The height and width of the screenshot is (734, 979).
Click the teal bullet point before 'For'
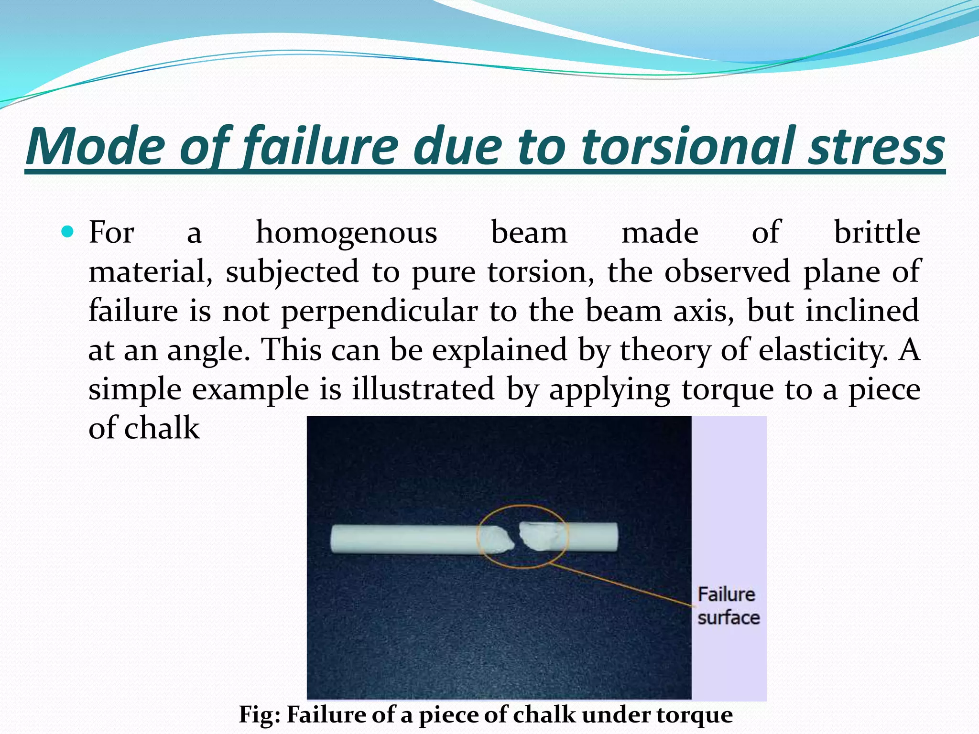coord(68,233)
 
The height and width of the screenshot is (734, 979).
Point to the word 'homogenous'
coord(347,233)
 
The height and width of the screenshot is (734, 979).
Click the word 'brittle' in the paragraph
coord(877,233)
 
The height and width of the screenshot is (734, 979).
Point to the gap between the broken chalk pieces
coord(516,537)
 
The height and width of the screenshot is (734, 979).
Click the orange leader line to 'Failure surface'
coord(621,586)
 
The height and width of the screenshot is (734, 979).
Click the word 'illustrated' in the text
coord(423,389)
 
